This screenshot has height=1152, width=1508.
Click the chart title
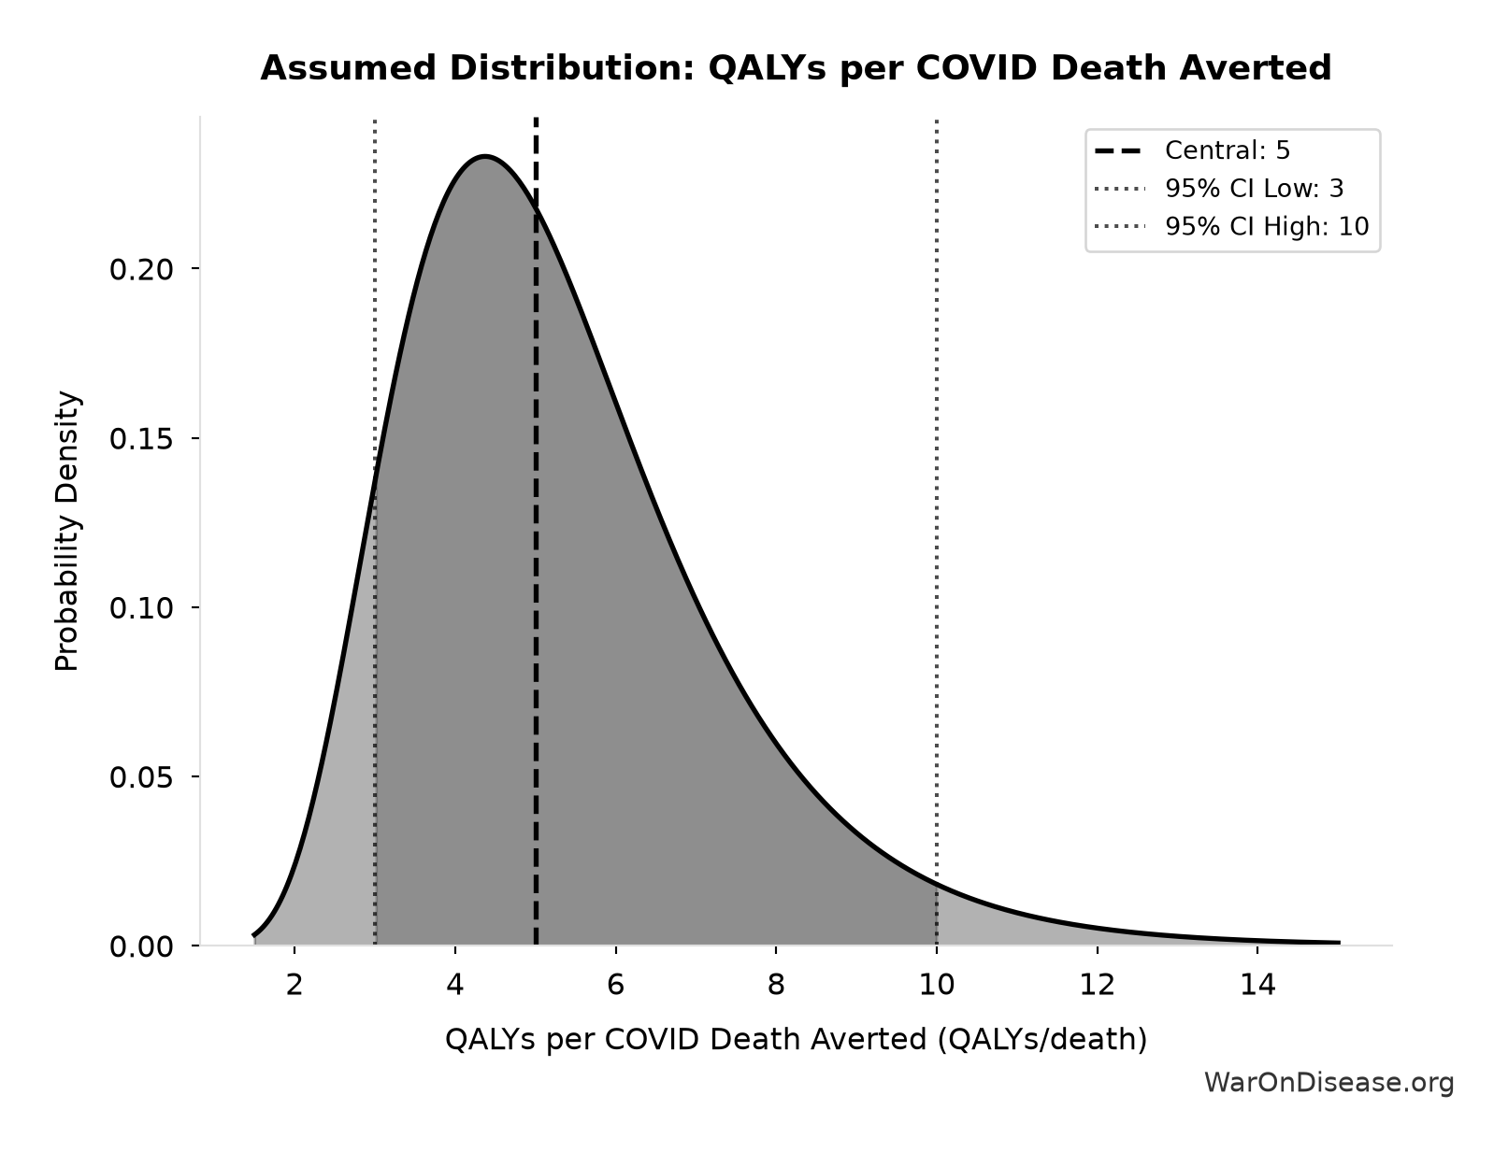(796, 68)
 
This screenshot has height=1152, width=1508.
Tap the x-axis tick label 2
(294, 985)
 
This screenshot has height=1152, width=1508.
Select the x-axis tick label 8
(776, 985)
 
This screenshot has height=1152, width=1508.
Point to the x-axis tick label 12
(1098, 985)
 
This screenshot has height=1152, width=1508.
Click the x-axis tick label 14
(1257, 985)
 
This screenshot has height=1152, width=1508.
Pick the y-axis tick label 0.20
(141, 269)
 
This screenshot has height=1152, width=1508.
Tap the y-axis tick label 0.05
(141, 777)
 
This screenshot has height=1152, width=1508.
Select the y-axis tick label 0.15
(141, 439)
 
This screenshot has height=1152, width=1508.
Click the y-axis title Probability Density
(67, 531)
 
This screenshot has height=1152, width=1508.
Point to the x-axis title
(797, 1039)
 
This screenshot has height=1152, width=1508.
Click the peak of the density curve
(485, 157)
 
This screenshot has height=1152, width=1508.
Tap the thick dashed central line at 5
(536, 532)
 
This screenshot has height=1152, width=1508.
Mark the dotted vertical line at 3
(375, 532)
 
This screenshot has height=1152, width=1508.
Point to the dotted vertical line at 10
(937, 532)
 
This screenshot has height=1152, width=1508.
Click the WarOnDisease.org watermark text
(1328, 1083)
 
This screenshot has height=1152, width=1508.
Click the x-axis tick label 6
(615, 985)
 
